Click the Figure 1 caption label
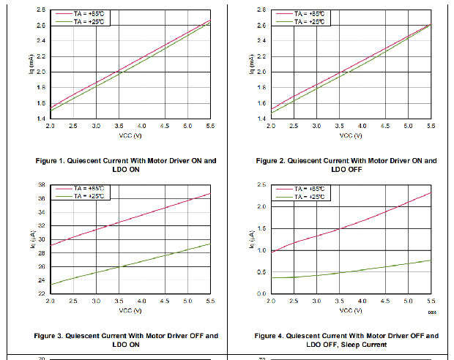point(126,160)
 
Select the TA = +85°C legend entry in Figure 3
point(92,189)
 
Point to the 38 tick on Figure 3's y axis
point(42,185)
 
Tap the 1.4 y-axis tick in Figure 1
point(42,118)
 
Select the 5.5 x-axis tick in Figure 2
point(431,127)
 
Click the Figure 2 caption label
point(346,160)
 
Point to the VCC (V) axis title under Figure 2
point(350,135)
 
